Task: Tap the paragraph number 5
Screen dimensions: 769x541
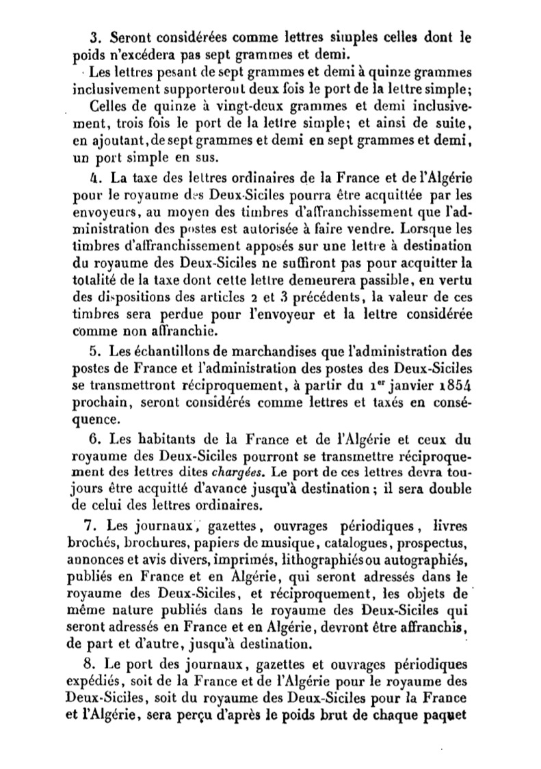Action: click(96, 352)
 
